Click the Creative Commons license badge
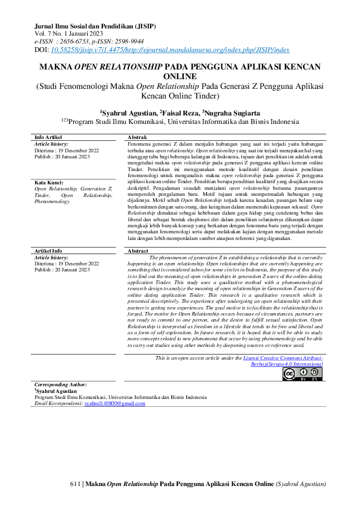[303, 374]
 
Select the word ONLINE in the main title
[179, 77]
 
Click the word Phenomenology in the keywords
[53, 202]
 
